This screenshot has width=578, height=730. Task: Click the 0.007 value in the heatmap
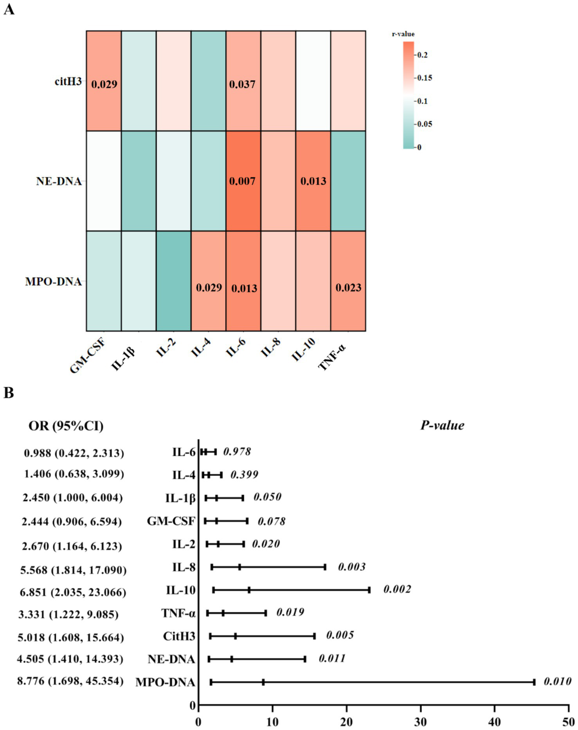[x=242, y=181]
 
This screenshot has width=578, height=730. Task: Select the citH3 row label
[x=68, y=82]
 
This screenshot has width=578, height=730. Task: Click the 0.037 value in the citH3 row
[x=242, y=84]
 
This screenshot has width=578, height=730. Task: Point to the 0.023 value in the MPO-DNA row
[x=348, y=288]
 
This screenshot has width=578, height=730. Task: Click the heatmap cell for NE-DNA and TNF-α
[x=348, y=181]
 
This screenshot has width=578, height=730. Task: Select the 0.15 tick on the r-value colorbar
[x=425, y=78]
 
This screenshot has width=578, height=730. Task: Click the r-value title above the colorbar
[x=403, y=34]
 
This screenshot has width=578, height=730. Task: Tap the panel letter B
[x=9, y=393]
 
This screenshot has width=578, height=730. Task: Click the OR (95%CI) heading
[x=66, y=426]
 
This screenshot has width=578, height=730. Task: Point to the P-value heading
[x=442, y=425]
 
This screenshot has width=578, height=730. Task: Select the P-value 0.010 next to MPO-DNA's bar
[x=557, y=682]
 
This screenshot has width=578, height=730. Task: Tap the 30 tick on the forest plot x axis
[x=421, y=722]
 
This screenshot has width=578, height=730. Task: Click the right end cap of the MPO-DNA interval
[x=534, y=682]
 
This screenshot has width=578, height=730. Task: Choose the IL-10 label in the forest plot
[x=180, y=590]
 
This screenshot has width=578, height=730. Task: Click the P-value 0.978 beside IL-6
[x=237, y=452]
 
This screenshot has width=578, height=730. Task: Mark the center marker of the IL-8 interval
[x=239, y=567]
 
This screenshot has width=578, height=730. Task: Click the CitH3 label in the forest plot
[x=179, y=636]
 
